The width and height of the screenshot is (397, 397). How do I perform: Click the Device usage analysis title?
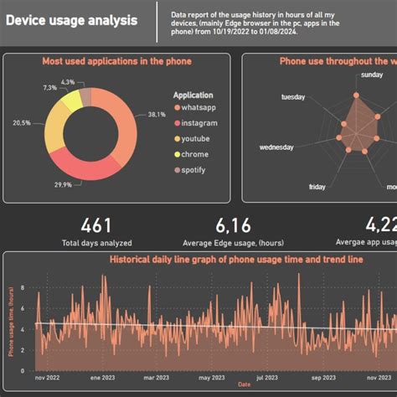tap(72, 21)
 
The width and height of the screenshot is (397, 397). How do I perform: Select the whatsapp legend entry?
tap(199, 107)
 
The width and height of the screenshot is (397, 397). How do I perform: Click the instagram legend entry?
tap(200, 123)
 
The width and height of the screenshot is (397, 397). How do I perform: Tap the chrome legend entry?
tap(196, 154)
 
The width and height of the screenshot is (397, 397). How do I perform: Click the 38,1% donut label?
tap(157, 115)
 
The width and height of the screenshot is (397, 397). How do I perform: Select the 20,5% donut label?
tap(23, 122)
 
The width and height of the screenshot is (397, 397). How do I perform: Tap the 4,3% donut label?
tap(68, 82)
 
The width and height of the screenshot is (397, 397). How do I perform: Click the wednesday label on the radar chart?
tap(276, 147)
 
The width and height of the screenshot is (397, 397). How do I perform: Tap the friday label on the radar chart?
tap(317, 187)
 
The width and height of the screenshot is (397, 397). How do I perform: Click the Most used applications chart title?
tap(116, 61)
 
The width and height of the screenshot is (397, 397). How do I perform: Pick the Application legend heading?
tap(193, 95)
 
